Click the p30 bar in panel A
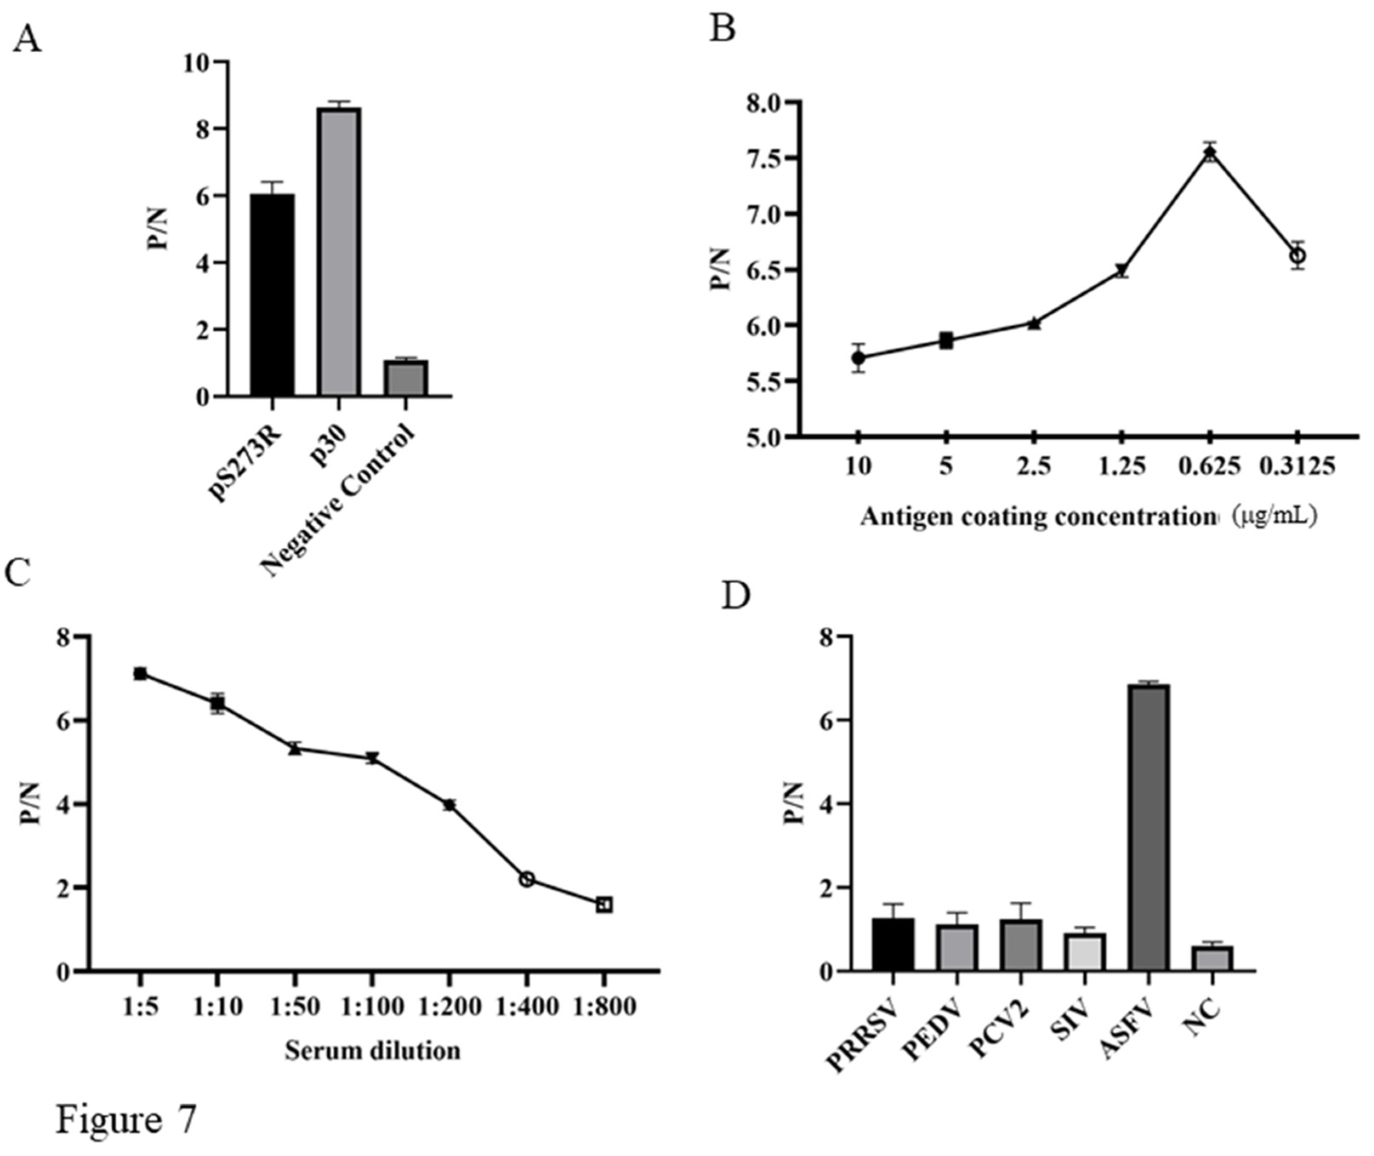click(x=339, y=252)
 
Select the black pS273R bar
click(x=272, y=295)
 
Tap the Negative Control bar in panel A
click(x=405, y=379)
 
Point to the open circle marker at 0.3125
click(x=1297, y=256)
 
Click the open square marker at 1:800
click(x=604, y=905)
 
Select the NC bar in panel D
click(x=1212, y=958)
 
